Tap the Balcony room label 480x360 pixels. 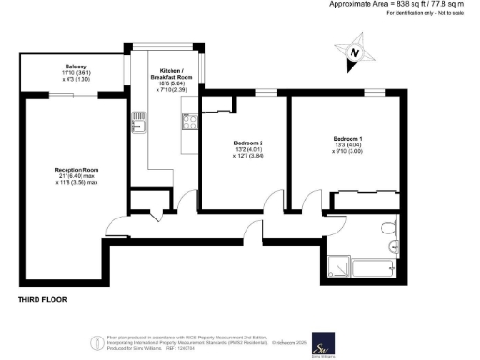pos(75,67)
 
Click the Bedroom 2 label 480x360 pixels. pos(247,142)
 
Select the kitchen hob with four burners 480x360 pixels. pos(187,121)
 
